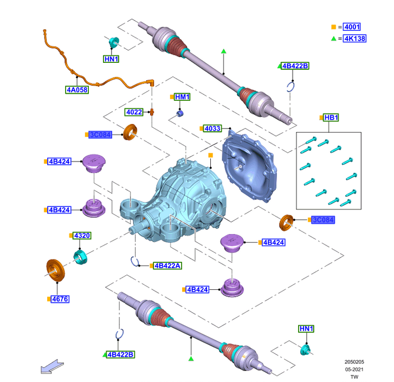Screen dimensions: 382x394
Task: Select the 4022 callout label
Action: pyautogui.click(x=134, y=112)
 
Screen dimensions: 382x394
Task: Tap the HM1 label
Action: pyautogui.click(x=183, y=97)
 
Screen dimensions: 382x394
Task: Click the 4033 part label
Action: pyautogui.click(x=212, y=128)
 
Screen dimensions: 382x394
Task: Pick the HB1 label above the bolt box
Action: pyautogui.click(x=331, y=118)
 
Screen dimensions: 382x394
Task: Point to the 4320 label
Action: pyautogui.click(x=82, y=236)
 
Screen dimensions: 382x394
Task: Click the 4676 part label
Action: pyautogui.click(x=60, y=299)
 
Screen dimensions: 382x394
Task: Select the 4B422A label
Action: pyautogui.click(x=168, y=266)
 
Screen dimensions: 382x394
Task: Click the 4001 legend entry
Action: pyautogui.click(x=352, y=27)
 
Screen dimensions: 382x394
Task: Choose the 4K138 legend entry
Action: pyautogui.click(x=353, y=38)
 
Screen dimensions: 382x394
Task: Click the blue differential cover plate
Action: pyautogui.click(x=249, y=168)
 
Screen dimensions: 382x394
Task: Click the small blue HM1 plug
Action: pyautogui.click(x=180, y=113)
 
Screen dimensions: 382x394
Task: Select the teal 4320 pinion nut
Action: pyautogui.click(x=80, y=256)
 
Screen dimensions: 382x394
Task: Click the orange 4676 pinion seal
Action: pyautogui.click(x=54, y=270)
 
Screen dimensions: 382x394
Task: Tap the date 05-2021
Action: pyautogui.click(x=354, y=369)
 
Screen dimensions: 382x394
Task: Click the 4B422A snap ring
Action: pyautogui.click(x=136, y=262)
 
